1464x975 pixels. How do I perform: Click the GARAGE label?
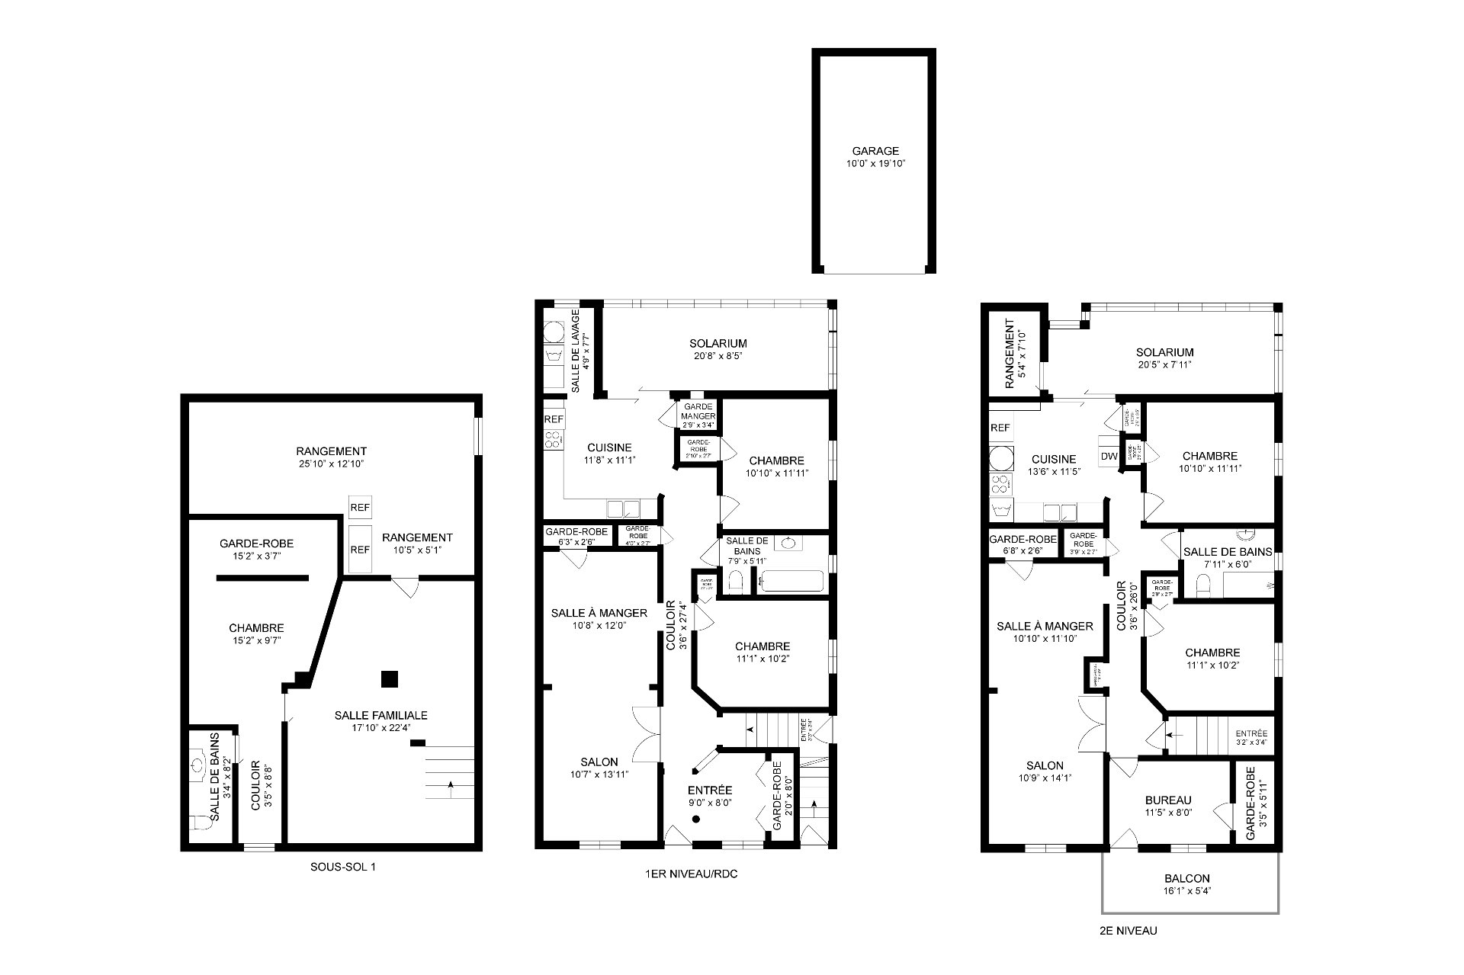[875, 151]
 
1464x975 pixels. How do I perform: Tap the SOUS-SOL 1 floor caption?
[342, 867]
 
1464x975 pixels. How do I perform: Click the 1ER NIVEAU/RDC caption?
[691, 874]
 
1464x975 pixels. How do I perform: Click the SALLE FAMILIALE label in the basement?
[380, 715]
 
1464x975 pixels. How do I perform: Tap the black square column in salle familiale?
[390, 678]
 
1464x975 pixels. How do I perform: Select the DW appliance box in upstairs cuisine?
[1109, 457]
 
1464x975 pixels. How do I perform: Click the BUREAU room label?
[1167, 800]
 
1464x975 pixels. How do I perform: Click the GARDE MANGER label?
[698, 412]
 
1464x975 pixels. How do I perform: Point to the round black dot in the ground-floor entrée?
[695, 819]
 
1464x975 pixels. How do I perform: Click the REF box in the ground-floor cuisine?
[554, 419]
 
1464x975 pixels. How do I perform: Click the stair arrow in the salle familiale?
[451, 784]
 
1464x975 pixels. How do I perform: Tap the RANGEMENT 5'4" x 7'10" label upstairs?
[1015, 359]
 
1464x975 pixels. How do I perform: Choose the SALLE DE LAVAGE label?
[580, 351]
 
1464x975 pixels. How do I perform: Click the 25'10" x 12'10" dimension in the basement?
[331, 463]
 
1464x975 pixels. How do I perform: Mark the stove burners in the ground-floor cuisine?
[554, 439]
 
